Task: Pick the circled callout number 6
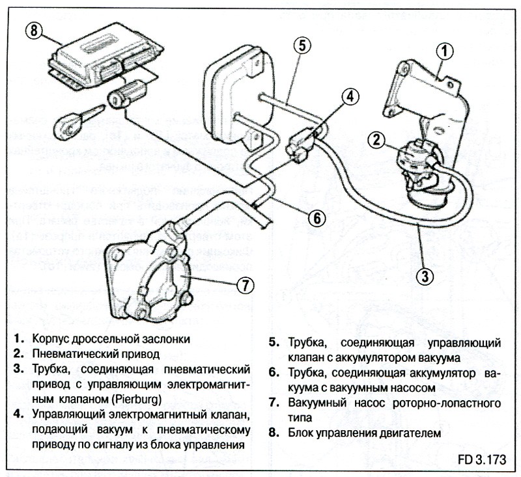tap(316, 218)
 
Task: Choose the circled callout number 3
tap(425, 275)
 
